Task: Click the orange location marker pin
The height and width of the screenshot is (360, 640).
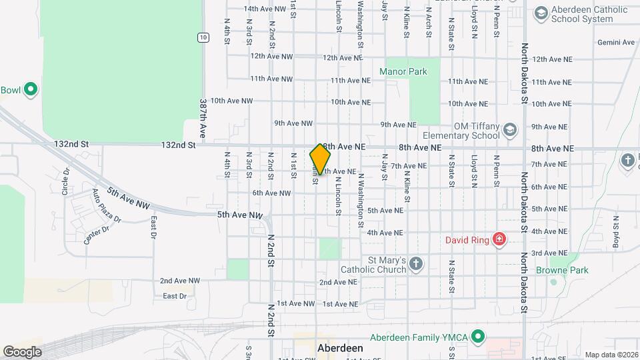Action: (x=320, y=159)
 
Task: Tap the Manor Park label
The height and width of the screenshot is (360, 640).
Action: (x=403, y=71)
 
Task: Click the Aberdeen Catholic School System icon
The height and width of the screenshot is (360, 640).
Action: (x=541, y=13)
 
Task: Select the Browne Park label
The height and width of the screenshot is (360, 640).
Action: (x=562, y=271)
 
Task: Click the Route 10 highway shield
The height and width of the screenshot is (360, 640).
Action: (x=203, y=37)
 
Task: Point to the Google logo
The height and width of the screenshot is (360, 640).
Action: (x=22, y=351)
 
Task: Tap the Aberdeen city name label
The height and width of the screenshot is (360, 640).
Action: (x=340, y=349)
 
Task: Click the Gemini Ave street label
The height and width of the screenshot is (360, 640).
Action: (x=616, y=43)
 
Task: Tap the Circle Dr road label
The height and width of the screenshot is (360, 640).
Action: (x=66, y=181)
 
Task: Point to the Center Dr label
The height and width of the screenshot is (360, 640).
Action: (x=97, y=234)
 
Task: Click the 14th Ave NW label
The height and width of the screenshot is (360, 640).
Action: (x=265, y=9)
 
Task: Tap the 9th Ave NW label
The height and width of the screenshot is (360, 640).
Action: (x=293, y=123)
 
